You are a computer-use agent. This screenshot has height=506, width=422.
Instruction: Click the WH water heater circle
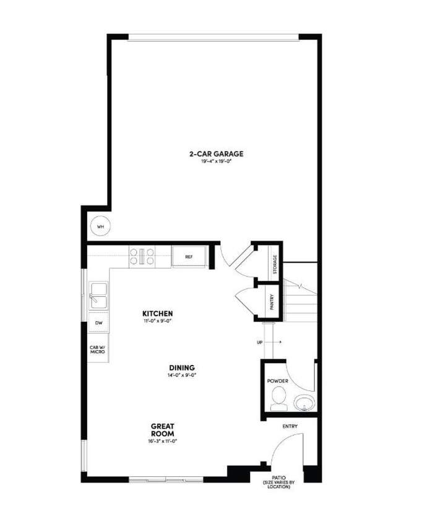101,226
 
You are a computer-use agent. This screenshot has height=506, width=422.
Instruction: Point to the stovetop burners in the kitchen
142,257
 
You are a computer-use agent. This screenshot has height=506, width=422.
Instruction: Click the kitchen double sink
98,296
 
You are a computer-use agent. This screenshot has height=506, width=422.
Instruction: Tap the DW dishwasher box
98,323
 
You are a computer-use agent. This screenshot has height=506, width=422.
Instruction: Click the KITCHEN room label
158,313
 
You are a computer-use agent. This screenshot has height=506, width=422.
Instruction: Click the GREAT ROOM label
163,430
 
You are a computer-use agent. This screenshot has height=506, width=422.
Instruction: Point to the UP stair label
261,341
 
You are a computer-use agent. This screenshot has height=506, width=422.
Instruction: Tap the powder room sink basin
303,404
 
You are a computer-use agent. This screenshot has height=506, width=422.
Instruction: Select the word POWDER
277,381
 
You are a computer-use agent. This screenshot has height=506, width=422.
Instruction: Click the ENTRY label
290,427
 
